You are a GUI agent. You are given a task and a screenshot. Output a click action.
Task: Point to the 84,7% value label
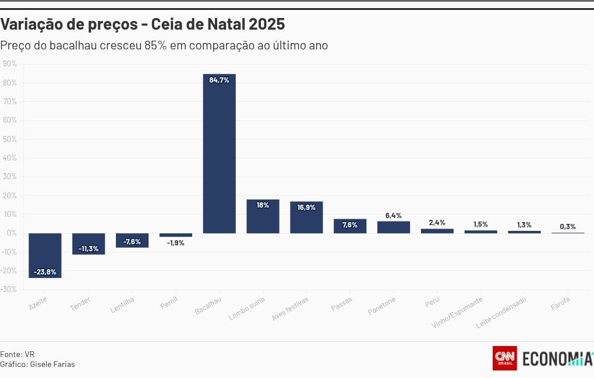pyautogui.click(x=219, y=80)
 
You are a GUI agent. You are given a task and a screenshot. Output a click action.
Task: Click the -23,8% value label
pyautogui.click(x=45, y=272)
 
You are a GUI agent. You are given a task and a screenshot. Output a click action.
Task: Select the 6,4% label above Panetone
pyautogui.click(x=393, y=215)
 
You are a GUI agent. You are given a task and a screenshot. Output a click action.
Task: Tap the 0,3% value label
pyautogui.click(x=568, y=226)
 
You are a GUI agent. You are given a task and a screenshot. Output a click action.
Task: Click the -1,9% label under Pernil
pyautogui.click(x=175, y=243)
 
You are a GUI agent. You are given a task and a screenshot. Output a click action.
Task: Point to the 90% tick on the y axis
pyautogui.click(x=9, y=63)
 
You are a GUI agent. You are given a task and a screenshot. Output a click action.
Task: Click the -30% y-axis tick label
pyautogui.click(x=9, y=290)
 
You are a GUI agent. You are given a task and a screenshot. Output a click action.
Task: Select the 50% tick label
pyautogui.click(x=9, y=139)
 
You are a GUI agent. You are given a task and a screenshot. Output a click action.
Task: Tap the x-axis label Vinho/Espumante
pyautogui.click(x=458, y=313)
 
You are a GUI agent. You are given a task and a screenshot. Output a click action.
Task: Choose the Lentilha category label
pyautogui.click(x=123, y=305)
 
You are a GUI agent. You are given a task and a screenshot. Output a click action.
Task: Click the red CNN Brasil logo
pyautogui.click(x=505, y=358)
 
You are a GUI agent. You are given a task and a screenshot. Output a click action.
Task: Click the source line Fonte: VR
pyautogui.click(x=17, y=354)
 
